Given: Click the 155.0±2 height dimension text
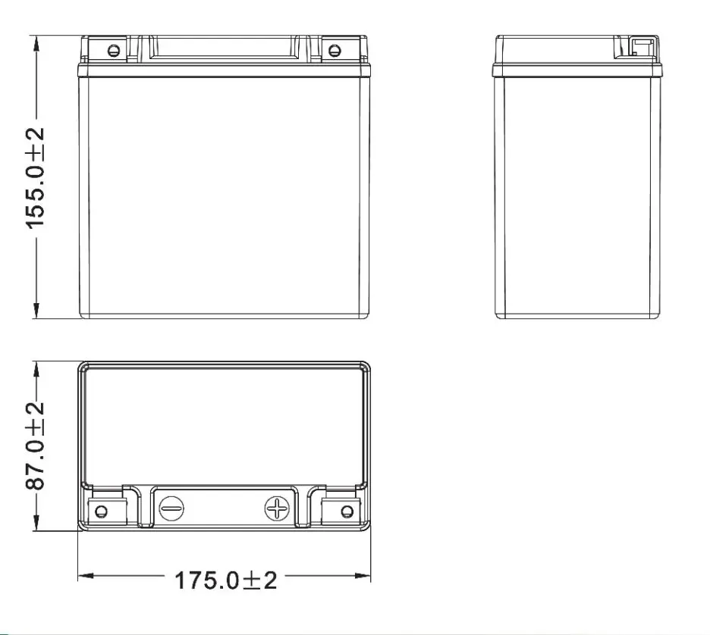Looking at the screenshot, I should tap(35, 177).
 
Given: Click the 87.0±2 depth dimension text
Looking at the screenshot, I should tap(35, 446).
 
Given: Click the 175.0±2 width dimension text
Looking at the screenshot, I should tap(225, 580).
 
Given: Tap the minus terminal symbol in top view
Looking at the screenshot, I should tap(171, 507).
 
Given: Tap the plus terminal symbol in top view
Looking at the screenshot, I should tap(277, 508).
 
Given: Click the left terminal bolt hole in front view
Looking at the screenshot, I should tap(114, 51).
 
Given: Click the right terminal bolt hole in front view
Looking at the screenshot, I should tap(334, 51).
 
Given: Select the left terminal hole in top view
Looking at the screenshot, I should tap(101, 510).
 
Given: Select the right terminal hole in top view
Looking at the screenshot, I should tap(347, 510).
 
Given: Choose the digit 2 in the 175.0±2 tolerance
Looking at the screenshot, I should tap(269, 580).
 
